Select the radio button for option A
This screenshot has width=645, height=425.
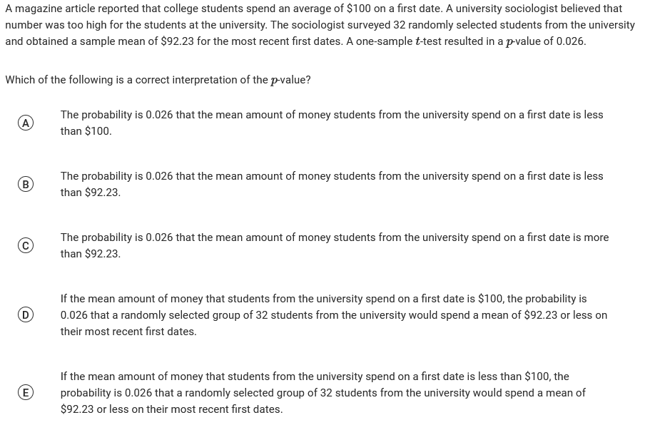(25, 123)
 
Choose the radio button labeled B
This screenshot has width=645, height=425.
(25, 184)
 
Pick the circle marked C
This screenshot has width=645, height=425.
(25, 245)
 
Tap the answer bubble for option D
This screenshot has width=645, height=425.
(25, 314)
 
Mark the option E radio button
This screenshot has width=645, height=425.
(25, 392)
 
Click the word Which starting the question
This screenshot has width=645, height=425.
(20, 80)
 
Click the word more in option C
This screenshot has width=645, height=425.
(596, 237)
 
